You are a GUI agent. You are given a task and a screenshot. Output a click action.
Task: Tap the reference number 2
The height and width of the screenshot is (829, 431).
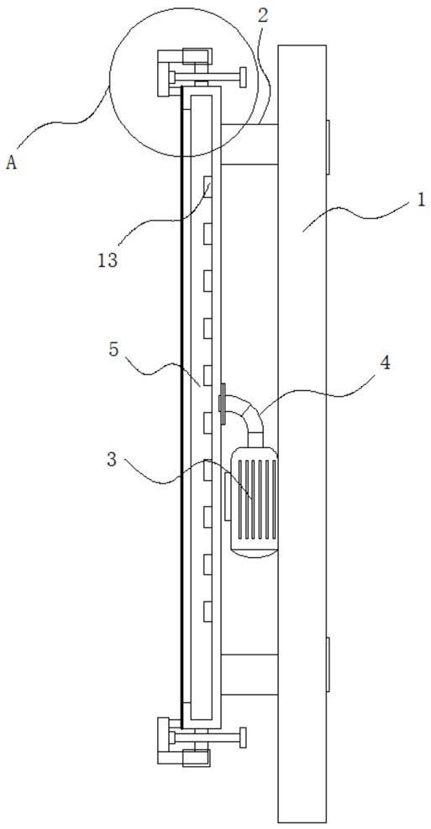(263, 15)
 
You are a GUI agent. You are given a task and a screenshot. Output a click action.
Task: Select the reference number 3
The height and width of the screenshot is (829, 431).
(111, 460)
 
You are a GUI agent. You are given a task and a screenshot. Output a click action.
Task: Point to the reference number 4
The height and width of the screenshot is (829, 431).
(386, 363)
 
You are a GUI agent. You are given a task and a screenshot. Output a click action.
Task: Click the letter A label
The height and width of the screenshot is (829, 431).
(12, 163)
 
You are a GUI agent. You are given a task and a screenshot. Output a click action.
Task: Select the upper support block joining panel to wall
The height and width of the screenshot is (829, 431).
(249, 143)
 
